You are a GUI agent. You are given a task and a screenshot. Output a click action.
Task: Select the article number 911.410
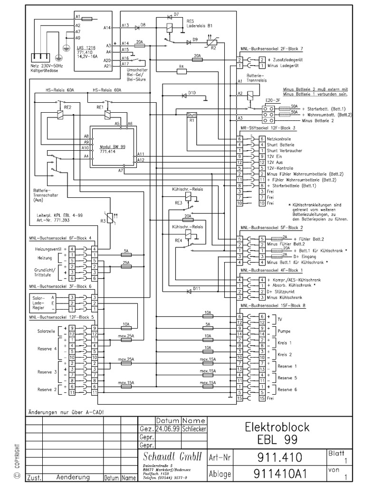[x=280, y=458]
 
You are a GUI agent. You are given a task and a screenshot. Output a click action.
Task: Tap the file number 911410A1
[x=280, y=474]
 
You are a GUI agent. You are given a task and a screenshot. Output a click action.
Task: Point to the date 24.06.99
[x=166, y=429]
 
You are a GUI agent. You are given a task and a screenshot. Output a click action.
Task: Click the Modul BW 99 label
[x=113, y=147]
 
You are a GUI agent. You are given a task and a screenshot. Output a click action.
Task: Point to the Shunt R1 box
[x=192, y=117]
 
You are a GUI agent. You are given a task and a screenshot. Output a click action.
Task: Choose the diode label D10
[x=192, y=92]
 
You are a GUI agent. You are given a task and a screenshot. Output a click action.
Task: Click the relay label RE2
[x=67, y=108]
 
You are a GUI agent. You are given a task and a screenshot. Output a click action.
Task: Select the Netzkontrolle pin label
[x=280, y=138]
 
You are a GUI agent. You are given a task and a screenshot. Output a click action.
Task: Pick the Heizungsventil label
[x=49, y=249]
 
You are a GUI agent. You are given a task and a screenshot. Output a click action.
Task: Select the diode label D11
[x=196, y=289]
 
